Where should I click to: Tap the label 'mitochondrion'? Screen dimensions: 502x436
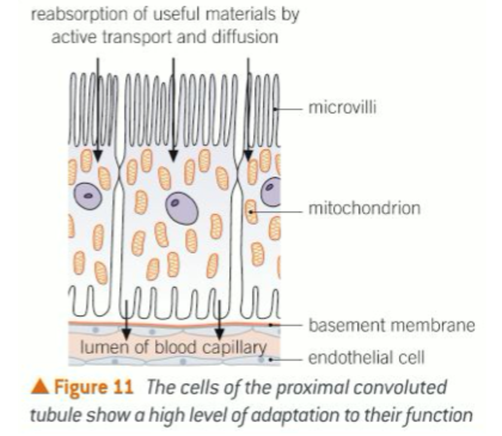364,208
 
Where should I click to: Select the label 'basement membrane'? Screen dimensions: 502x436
391,326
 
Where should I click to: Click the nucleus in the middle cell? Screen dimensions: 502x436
182,208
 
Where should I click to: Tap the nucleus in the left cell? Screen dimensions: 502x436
88,195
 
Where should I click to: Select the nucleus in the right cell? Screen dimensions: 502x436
273,192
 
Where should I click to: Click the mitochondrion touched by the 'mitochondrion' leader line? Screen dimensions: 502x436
252,210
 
